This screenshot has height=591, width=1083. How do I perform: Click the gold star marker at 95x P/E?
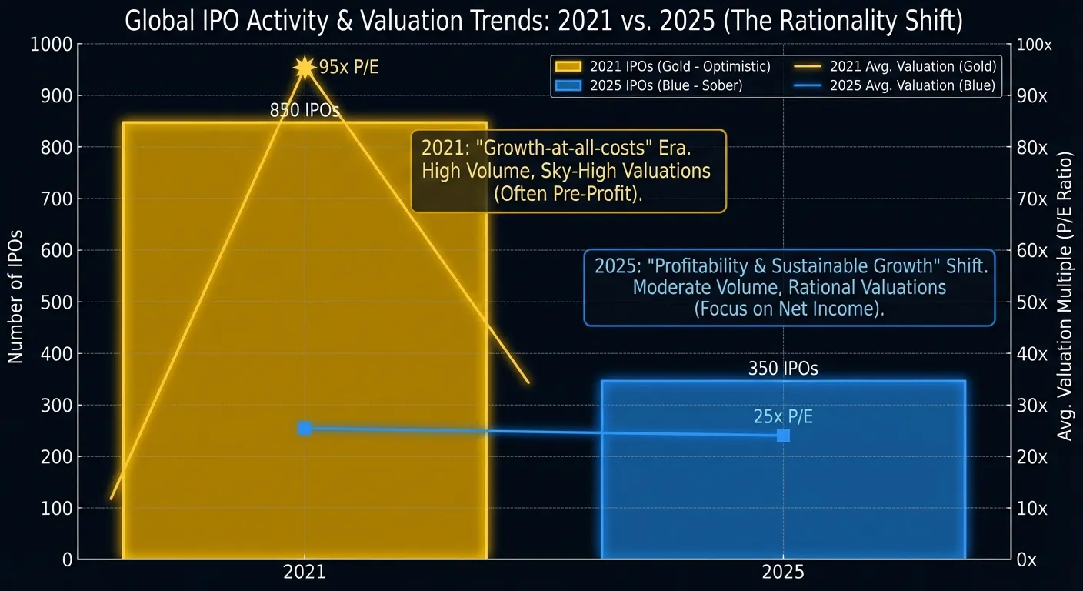click(x=305, y=68)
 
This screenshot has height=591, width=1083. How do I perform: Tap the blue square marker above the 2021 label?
click(x=305, y=428)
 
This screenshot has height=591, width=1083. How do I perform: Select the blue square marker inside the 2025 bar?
click(x=783, y=436)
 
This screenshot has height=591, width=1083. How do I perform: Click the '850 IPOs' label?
click(x=305, y=111)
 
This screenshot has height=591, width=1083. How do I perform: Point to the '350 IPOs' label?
click(x=783, y=369)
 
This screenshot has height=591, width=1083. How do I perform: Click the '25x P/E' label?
click(x=783, y=417)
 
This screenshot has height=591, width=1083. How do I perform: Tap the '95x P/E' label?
click(x=348, y=68)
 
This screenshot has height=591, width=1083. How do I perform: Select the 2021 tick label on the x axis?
click(x=305, y=573)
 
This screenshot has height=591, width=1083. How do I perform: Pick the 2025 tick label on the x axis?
click(x=783, y=573)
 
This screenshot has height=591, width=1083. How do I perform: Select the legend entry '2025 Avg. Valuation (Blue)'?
click(x=912, y=85)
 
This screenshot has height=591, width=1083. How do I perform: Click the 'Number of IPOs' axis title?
click(x=15, y=296)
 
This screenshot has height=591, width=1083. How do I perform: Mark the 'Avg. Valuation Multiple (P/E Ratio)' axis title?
click(x=1065, y=296)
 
